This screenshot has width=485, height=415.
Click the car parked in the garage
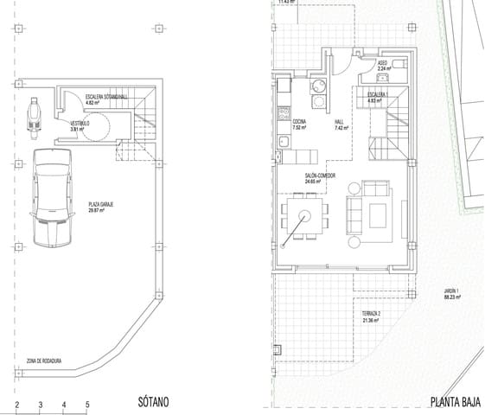pyautogui.click(x=52, y=197)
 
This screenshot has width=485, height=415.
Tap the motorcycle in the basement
pyautogui.click(x=35, y=118)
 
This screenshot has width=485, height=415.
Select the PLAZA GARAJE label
pyautogui.click(x=100, y=204)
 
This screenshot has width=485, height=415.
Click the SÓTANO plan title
pyautogui.click(x=153, y=402)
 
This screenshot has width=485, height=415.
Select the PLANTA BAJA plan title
pyautogui.click(x=455, y=402)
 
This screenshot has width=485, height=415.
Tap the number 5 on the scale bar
pyautogui.click(x=87, y=404)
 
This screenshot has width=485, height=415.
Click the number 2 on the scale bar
pyautogui.click(x=16, y=404)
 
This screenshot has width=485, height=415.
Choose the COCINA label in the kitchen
pyautogui.click(x=299, y=122)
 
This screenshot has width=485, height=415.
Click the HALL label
pyautogui.click(x=339, y=122)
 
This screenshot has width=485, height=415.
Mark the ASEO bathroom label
pyautogui.click(x=382, y=62)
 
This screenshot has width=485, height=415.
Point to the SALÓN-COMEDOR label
pyautogui.click(x=320, y=176)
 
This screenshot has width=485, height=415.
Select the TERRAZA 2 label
pyautogui.click(x=372, y=316)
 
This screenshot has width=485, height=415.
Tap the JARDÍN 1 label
pyautogui.click(x=451, y=291)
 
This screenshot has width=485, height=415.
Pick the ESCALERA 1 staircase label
pyautogui.click(x=376, y=93)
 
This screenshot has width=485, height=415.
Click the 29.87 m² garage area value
pyautogui.click(x=97, y=210)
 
